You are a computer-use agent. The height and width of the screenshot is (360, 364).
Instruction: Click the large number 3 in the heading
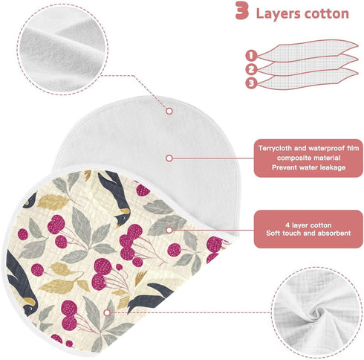241,11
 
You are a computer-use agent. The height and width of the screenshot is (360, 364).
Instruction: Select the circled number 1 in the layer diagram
251,56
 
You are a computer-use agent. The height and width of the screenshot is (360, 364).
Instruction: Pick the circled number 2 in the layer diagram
251,69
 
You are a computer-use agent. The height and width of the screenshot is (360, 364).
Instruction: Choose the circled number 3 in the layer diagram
251,83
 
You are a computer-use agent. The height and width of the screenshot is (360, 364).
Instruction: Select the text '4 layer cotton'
308,225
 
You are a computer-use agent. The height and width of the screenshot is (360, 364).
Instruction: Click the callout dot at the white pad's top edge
169,111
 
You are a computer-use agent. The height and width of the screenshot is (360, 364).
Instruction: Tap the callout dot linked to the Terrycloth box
169,158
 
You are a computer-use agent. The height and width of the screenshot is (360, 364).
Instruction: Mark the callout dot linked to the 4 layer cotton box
169,230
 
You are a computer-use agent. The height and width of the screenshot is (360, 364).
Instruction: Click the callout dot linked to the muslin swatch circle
107,312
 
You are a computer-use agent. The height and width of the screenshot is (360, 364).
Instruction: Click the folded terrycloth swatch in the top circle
62,48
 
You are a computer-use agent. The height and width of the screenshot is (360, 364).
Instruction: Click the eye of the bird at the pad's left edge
30,308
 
